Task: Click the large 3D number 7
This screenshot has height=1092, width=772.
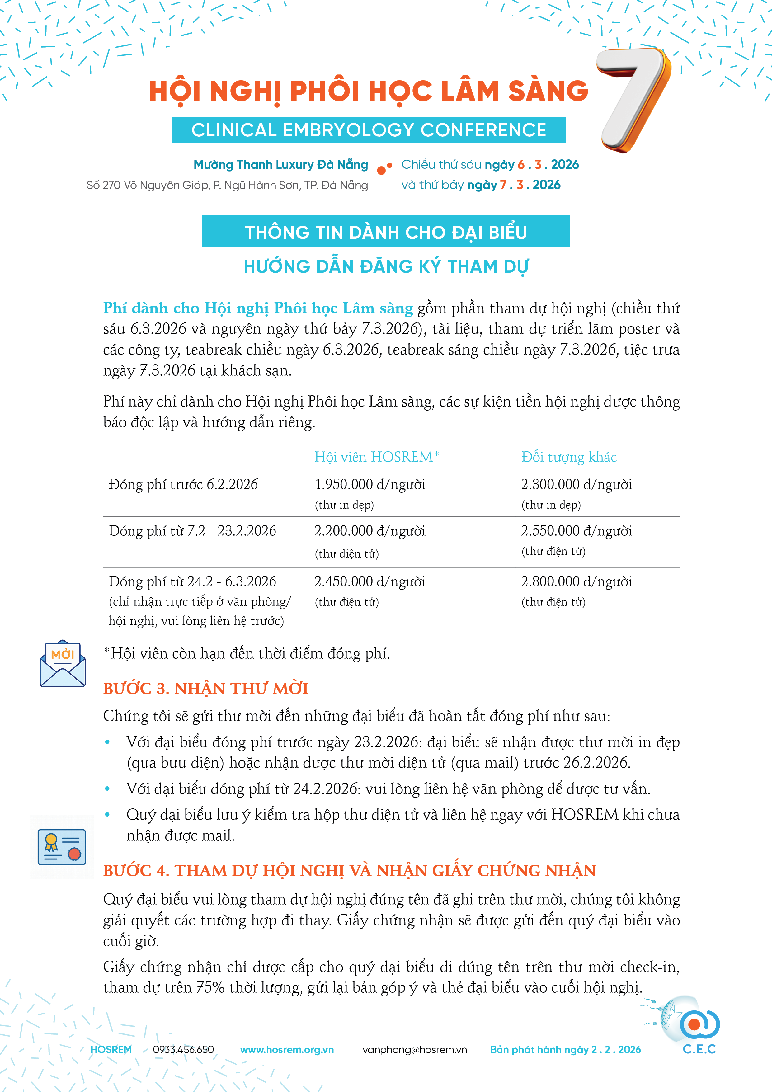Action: point(635,100)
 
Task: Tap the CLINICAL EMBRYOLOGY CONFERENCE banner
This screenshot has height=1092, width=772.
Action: point(369,130)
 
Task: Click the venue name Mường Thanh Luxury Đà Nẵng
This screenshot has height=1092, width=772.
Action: point(281,165)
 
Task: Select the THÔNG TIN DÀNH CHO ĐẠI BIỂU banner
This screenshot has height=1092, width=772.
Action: point(386,232)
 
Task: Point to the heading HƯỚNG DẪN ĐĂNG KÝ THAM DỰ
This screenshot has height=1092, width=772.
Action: point(386,266)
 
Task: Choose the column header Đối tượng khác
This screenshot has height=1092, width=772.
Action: point(569,457)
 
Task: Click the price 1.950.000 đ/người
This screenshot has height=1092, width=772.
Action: point(370,485)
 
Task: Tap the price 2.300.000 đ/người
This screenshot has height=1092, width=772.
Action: point(577,485)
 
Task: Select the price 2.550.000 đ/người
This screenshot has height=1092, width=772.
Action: point(577,531)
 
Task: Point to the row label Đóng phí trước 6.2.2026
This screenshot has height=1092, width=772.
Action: point(183,485)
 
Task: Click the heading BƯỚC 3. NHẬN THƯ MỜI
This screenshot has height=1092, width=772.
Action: point(205,688)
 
